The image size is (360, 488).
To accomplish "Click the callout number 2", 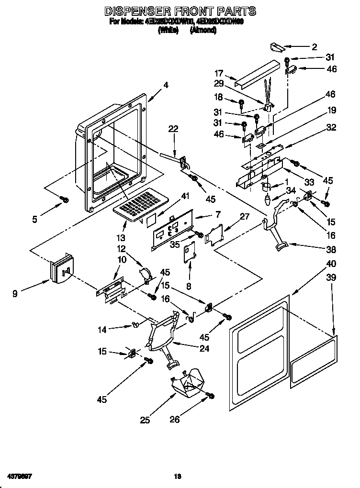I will [x=315, y=47].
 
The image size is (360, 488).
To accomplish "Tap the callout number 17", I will [x=219, y=73].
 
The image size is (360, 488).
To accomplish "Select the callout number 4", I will [x=166, y=85].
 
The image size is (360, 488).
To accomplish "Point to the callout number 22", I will [x=173, y=128].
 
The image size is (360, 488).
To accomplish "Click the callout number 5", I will [x=34, y=220].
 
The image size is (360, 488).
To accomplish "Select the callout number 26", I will [x=176, y=420].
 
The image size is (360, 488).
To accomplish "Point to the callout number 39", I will [x=331, y=277].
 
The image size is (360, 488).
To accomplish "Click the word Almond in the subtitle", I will [x=202, y=30].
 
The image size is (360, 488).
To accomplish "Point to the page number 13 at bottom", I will [x=178, y=476].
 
